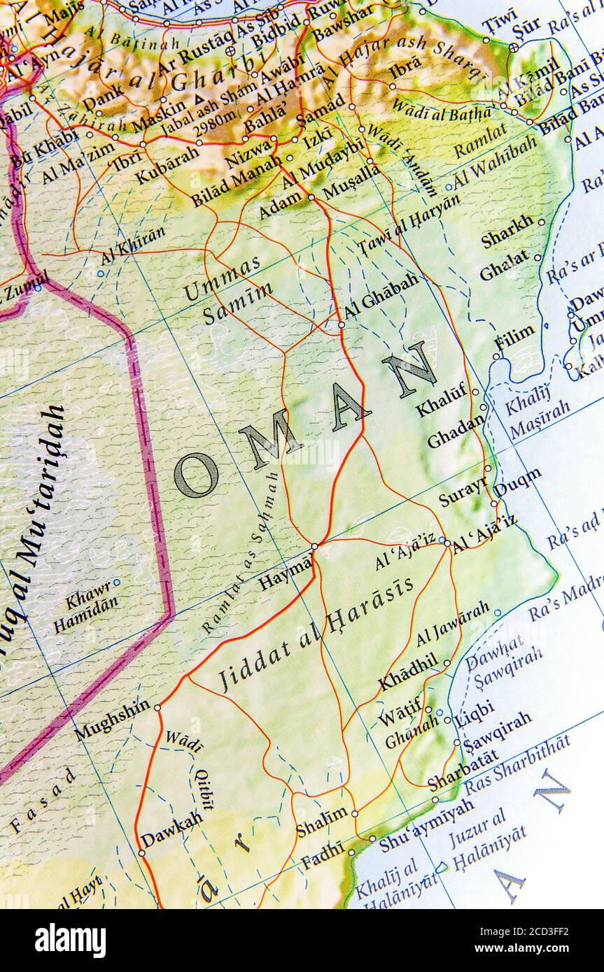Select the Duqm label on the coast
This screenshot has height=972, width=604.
coord(517,482)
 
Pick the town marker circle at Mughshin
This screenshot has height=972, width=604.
coord(157,708)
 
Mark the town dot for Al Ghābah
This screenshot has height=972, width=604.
coord(342,324)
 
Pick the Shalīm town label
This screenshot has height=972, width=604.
coord(321,822)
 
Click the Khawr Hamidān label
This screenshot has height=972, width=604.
coord(85,606)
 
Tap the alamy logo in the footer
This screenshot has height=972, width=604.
coord(70,940)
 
